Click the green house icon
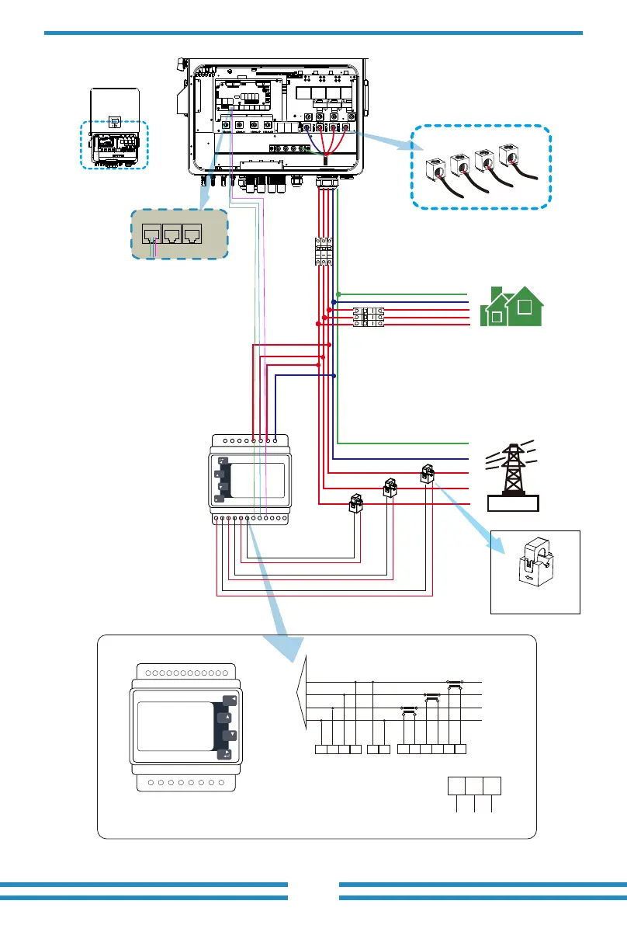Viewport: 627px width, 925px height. [513, 306]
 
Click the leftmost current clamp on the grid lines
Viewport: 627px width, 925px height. [356, 503]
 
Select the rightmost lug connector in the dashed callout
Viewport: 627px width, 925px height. [511, 154]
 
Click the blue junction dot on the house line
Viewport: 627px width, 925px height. [334, 302]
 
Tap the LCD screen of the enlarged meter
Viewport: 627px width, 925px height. [175, 727]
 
